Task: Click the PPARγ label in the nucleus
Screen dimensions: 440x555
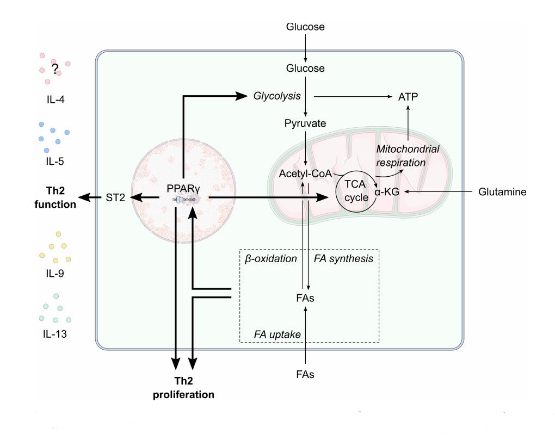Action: point(183,190)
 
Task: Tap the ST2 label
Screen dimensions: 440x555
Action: point(115,198)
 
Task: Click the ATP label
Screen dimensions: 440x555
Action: point(407,97)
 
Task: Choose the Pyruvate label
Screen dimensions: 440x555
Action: point(305,123)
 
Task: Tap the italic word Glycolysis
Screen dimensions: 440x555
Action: point(277,96)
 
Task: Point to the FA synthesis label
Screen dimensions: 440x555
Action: point(344,258)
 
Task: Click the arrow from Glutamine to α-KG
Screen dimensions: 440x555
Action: point(435,191)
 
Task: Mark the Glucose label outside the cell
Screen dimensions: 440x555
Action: point(305,26)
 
